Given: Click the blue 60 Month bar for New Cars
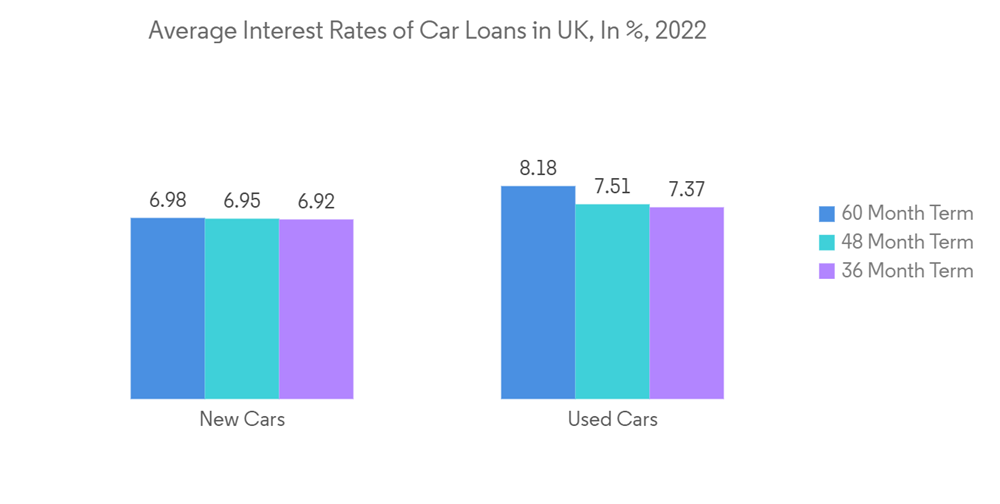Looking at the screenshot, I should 167,308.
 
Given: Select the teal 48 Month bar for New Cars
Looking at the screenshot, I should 241,308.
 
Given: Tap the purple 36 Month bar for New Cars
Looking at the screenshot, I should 316,309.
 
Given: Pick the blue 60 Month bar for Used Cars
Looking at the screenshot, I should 538,292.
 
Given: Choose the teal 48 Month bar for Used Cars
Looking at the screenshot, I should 612,301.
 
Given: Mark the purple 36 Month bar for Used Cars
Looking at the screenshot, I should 686,303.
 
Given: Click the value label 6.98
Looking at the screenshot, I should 168,201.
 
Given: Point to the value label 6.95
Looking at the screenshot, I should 242,201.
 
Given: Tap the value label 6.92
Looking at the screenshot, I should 316,202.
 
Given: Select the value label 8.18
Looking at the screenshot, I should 538,168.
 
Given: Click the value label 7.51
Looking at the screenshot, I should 612,186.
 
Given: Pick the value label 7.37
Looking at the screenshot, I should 687,190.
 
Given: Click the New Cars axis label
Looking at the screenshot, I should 242,419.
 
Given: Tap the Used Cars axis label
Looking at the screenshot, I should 612,419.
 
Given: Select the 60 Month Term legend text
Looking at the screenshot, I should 907,213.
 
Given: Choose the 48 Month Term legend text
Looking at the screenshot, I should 907,242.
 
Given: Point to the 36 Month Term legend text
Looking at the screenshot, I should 907,271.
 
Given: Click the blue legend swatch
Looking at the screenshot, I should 826,213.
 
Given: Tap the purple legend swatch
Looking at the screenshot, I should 826,271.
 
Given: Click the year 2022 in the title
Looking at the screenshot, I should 681,31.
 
